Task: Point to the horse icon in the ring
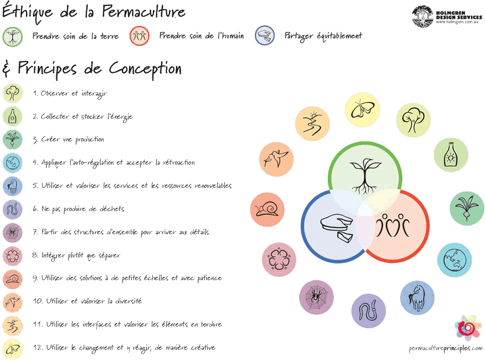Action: pos(417,296)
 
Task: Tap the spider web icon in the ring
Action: pos(316,297)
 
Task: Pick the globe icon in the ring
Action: pos(454,259)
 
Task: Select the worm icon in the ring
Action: pos(368,310)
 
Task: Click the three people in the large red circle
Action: pos(394,226)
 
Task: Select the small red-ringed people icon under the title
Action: pos(139,37)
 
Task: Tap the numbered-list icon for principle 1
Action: pos(12,93)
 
